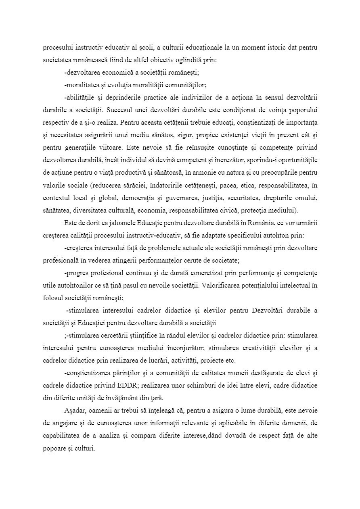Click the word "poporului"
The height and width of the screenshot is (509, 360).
300,110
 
